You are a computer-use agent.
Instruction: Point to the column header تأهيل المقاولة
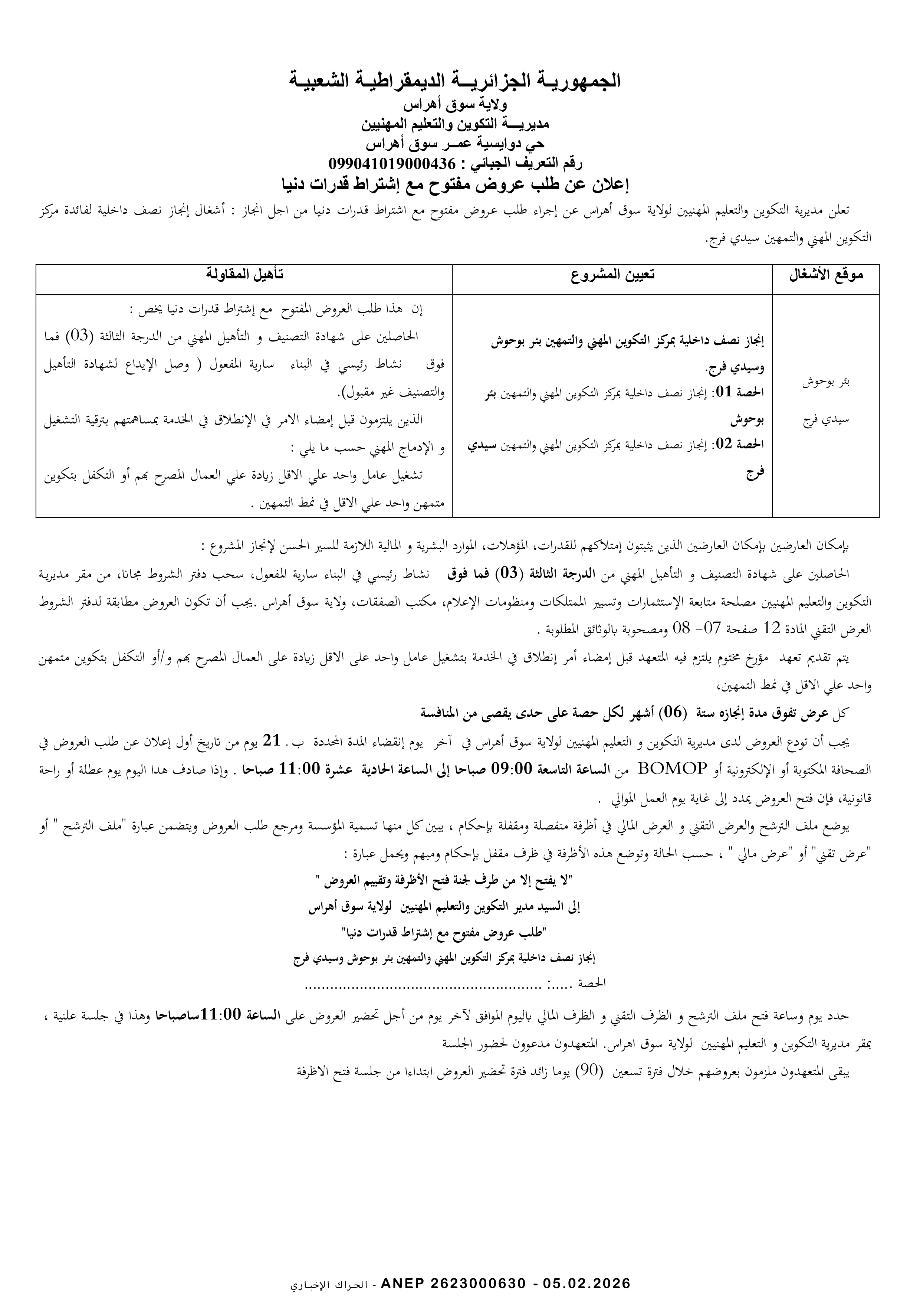244,275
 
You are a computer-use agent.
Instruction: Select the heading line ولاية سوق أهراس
455,105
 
